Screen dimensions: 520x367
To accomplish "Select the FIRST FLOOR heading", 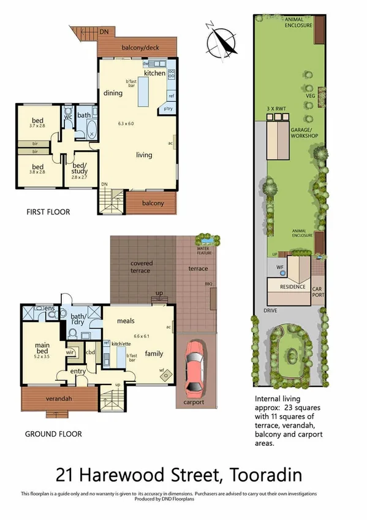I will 48,212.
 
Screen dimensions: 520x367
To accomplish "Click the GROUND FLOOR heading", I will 53,434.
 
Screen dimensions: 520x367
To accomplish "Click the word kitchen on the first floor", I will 154,73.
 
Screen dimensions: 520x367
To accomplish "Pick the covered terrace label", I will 142,267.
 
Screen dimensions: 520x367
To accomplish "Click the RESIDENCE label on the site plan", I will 292,286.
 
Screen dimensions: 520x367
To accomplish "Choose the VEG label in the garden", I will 310,96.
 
